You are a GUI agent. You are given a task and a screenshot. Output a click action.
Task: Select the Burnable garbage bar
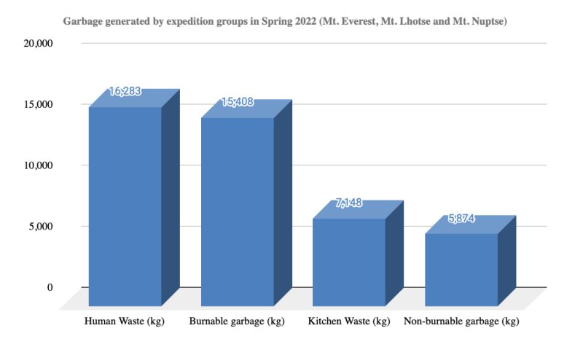[237, 211]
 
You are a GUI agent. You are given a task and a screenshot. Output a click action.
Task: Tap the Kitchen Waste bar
[348, 262]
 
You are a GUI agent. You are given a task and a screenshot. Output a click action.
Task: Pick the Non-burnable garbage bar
[461, 269]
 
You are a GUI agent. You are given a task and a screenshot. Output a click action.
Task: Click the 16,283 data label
[125, 92]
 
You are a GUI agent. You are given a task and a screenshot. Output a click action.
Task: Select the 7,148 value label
[348, 203]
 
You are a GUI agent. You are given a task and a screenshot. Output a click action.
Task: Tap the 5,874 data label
[461, 218]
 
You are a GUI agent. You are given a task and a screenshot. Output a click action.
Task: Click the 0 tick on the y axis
[50, 287]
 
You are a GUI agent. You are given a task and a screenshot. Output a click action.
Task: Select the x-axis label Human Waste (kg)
[125, 321]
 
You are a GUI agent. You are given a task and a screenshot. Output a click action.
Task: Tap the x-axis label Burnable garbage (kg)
[237, 321]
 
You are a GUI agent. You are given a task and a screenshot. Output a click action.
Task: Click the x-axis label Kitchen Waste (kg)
[348, 321]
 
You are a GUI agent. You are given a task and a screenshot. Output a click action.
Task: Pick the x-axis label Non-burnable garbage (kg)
[461, 321]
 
